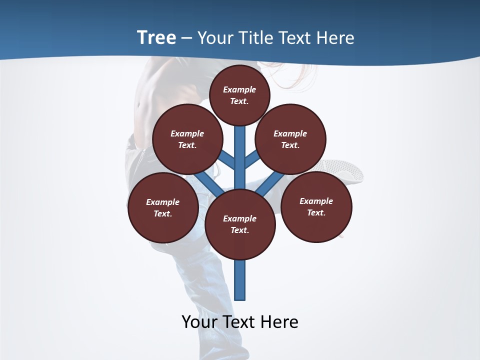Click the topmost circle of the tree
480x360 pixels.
pos(239,95)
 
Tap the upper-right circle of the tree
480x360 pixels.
pos(290,139)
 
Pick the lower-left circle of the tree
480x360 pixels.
pos(162,207)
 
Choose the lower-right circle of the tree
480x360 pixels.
pos(316,206)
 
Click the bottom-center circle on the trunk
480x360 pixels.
pos(240,224)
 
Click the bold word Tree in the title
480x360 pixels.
pos(156,37)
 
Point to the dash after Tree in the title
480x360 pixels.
pos(186,38)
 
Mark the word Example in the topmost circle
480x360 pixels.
pos(239,89)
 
